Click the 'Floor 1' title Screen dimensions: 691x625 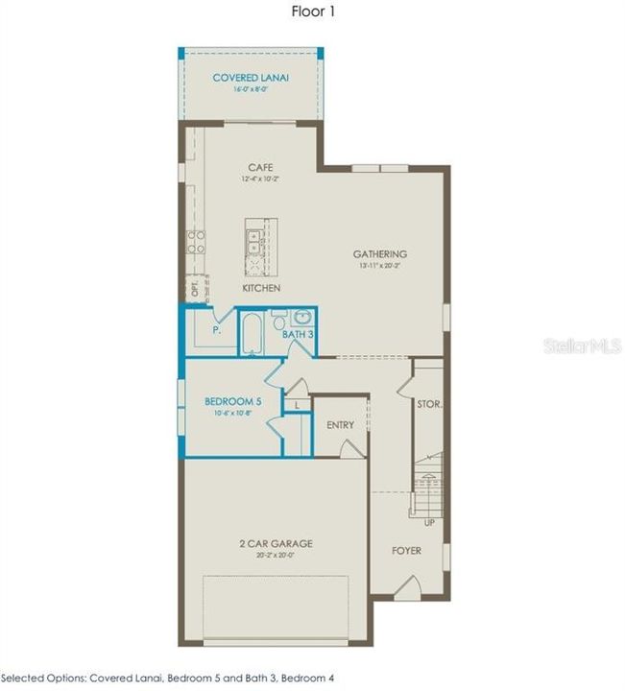(x=314, y=12)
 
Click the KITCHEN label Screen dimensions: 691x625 (x=260, y=288)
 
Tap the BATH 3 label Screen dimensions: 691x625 (x=297, y=335)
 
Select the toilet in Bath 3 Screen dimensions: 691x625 (x=280, y=324)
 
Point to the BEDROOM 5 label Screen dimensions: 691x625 (x=232, y=401)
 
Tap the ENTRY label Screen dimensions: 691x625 (x=340, y=425)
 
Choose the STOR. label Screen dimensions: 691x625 (x=429, y=405)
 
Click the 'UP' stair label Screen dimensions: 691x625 (x=428, y=524)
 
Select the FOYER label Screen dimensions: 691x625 (x=406, y=552)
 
